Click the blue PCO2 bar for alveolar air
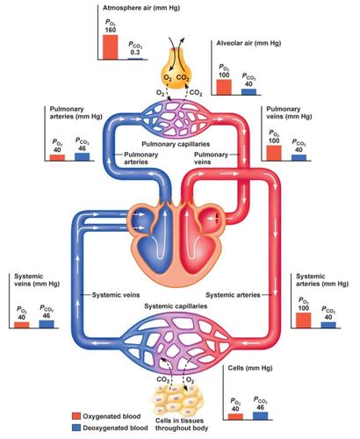click(x=248, y=90)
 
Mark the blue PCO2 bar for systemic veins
click(x=46, y=323)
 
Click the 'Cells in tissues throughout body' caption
click(x=179, y=429)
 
